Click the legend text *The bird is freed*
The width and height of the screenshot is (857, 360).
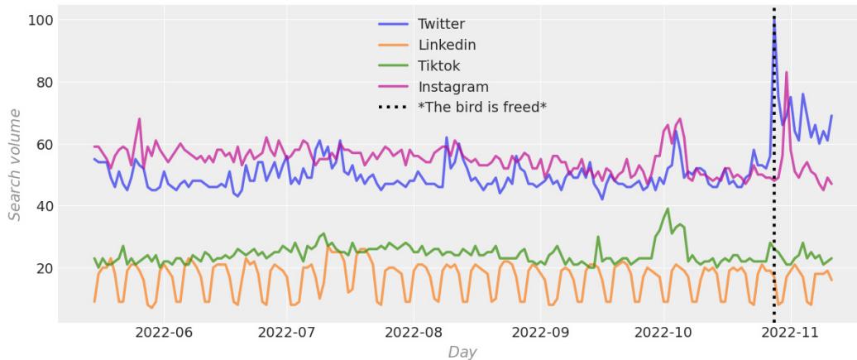tap(482, 107)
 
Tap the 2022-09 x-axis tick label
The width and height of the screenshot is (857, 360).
tap(539, 333)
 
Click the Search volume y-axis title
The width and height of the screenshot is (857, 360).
tap(16, 164)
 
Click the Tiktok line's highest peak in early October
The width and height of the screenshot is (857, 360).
tap(668, 209)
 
